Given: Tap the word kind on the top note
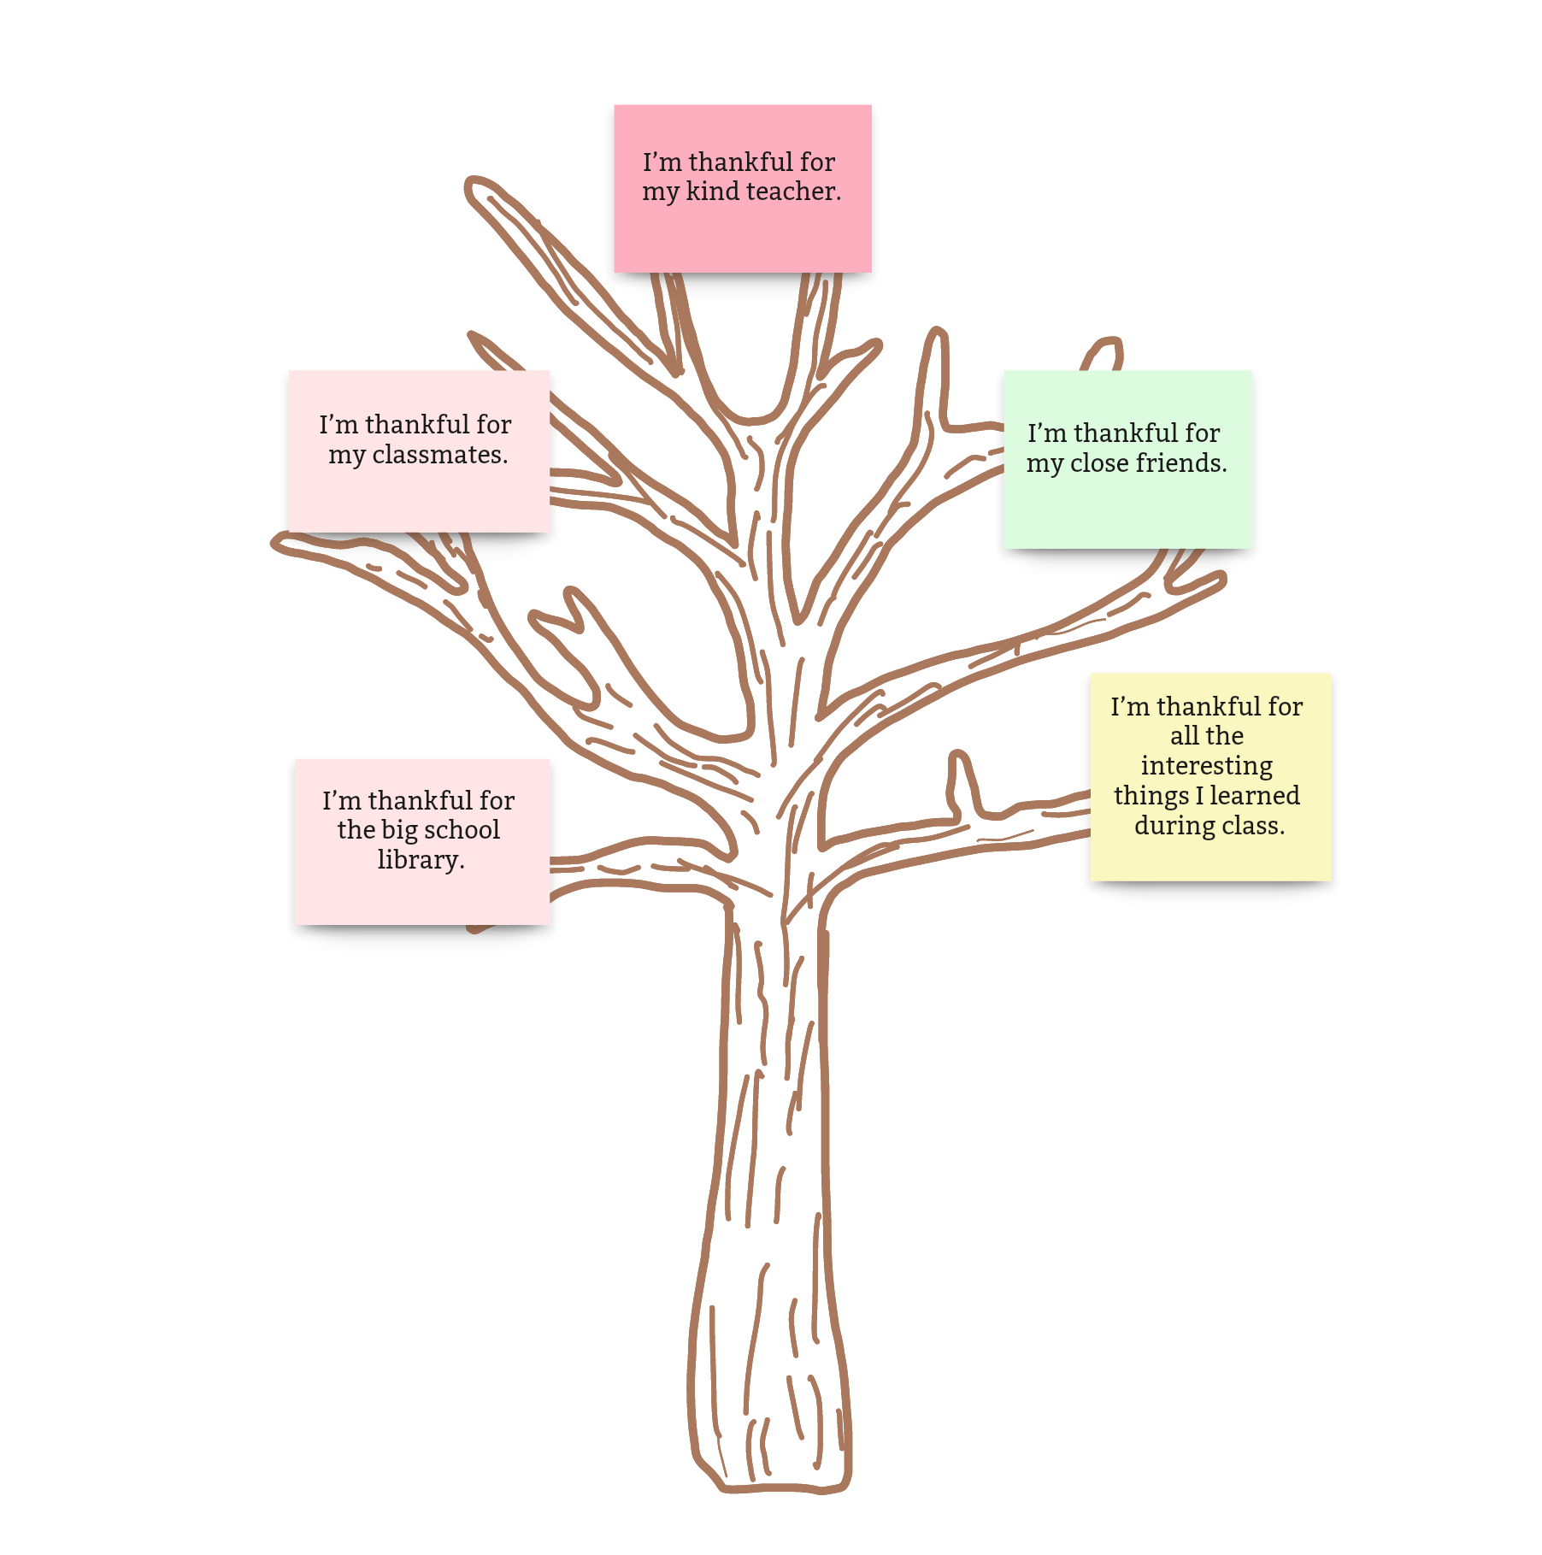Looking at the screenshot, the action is [713, 191].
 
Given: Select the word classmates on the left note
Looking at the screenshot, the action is [439, 454].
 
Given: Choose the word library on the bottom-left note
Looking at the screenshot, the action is [421, 860].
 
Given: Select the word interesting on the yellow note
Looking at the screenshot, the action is [1206, 766].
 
